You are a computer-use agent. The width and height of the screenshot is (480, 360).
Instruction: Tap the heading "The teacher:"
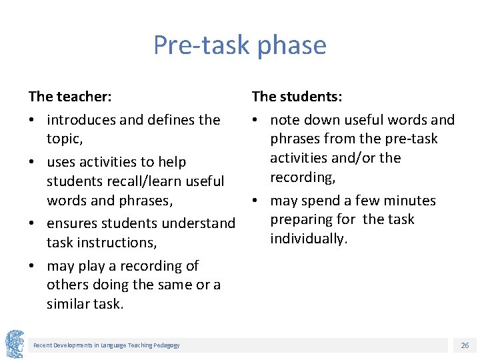[x=70, y=97]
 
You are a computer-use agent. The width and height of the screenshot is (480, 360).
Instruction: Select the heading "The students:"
[x=297, y=97]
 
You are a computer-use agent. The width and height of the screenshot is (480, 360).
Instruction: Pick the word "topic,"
[x=64, y=139]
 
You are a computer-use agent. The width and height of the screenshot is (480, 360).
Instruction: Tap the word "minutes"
[x=409, y=201]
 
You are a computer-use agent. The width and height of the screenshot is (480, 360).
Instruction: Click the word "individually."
[x=309, y=239]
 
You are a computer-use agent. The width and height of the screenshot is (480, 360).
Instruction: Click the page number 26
[x=465, y=345]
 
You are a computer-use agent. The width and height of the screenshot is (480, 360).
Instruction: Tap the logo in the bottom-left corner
[x=15, y=344]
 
